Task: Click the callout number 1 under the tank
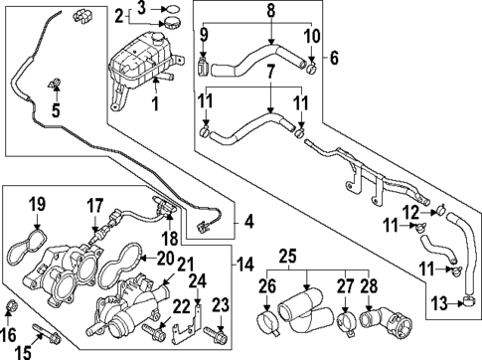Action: (x=154, y=103)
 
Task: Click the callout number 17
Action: (x=94, y=205)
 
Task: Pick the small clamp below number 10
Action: (x=311, y=71)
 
